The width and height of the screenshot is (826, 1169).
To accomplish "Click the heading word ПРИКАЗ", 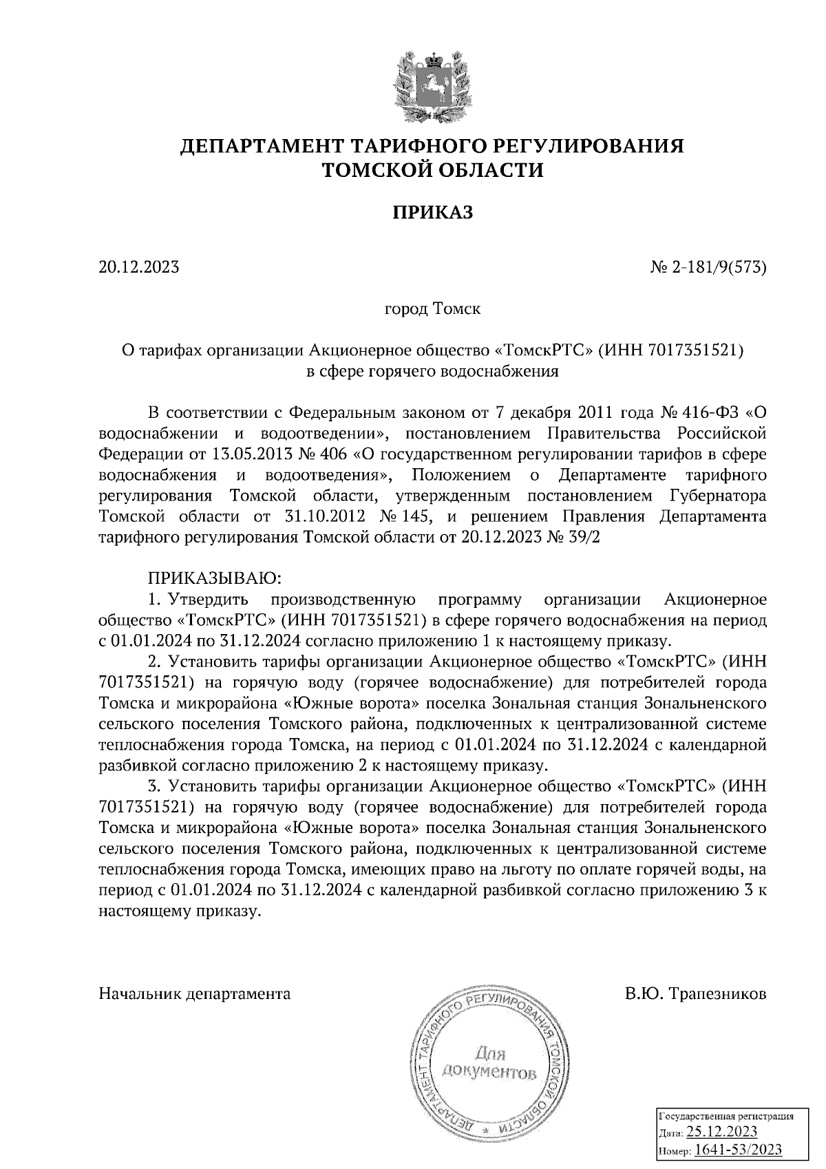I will coord(432,214).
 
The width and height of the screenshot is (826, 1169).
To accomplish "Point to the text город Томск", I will coord(432,308).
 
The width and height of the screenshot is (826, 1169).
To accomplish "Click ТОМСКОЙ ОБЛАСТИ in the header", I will coord(432,170).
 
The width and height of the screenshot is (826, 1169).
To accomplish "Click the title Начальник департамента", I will coord(195,994).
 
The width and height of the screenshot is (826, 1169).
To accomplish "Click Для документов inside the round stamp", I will coord(490,1063).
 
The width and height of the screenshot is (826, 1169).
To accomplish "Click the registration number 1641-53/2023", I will coord(738,1150).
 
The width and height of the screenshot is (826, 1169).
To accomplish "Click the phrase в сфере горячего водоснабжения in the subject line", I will coord(432,372).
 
